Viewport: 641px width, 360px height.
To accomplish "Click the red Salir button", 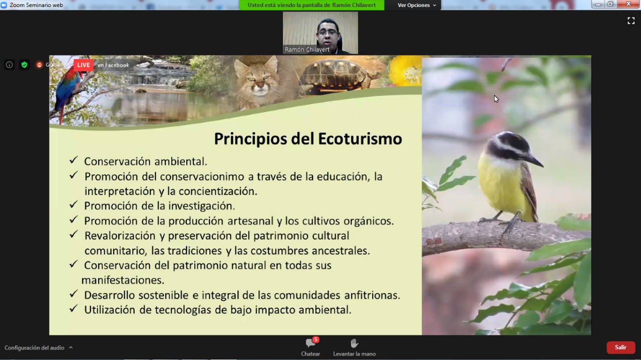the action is (x=620, y=347).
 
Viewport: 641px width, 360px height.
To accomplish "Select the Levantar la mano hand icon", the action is (x=354, y=343).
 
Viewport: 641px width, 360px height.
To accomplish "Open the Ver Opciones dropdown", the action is (x=417, y=5).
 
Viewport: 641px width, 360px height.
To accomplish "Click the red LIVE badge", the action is (x=83, y=65).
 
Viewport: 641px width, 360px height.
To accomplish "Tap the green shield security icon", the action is (x=25, y=65).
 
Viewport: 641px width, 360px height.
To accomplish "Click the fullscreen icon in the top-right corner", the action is (x=631, y=21).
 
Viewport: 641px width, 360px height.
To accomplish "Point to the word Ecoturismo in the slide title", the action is (x=360, y=139).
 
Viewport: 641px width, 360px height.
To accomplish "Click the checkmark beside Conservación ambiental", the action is (x=74, y=160).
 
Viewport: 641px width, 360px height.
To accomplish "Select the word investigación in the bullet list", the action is (x=201, y=206).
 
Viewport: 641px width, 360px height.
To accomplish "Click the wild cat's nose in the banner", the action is (x=260, y=84).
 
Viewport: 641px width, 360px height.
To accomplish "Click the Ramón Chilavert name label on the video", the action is (x=307, y=50).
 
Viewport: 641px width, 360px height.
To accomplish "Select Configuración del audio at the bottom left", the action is (x=35, y=347).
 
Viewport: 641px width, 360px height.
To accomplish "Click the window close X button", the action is (x=628, y=4).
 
